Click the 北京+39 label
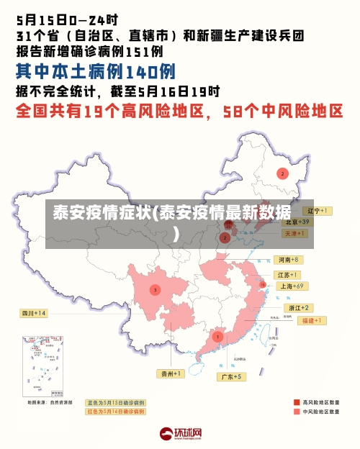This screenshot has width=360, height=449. [296, 222]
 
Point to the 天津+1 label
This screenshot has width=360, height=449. [294, 234]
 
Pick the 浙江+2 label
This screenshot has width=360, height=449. [299, 307]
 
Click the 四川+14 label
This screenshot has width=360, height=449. [34, 313]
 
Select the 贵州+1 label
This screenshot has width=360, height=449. [171, 373]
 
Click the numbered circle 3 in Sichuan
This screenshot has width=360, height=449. [155, 290]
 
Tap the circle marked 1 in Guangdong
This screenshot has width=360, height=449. [217, 336]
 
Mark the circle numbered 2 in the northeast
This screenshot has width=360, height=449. [283, 173]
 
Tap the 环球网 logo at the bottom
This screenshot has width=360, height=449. [180, 434]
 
